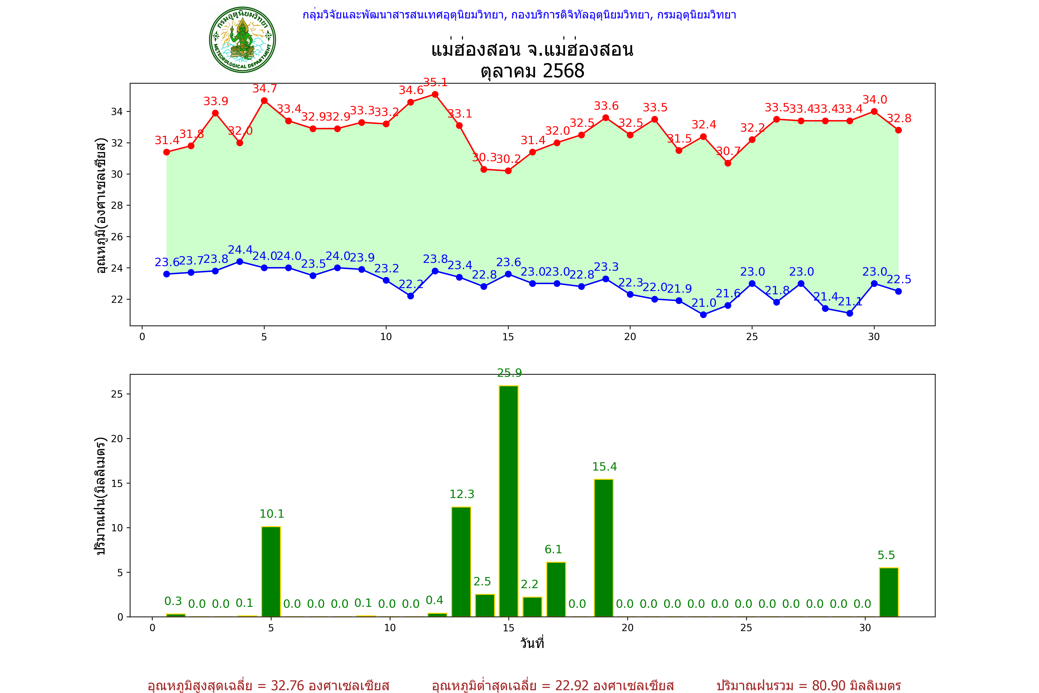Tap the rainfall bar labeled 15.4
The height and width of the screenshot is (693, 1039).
click(x=604, y=548)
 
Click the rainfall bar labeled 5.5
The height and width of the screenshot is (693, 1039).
click(x=889, y=592)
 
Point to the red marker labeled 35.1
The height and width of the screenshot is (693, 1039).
click(x=435, y=94)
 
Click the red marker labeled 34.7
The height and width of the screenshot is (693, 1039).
click(x=264, y=101)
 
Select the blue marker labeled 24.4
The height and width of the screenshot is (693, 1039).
click(x=240, y=262)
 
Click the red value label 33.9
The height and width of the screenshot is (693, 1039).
click(x=216, y=101)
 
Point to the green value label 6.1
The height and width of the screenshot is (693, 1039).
click(x=553, y=549)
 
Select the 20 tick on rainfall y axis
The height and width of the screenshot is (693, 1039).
click(x=117, y=439)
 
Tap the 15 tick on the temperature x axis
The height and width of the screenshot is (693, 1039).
click(x=508, y=337)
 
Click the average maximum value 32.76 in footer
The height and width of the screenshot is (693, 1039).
click(x=288, y=685)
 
